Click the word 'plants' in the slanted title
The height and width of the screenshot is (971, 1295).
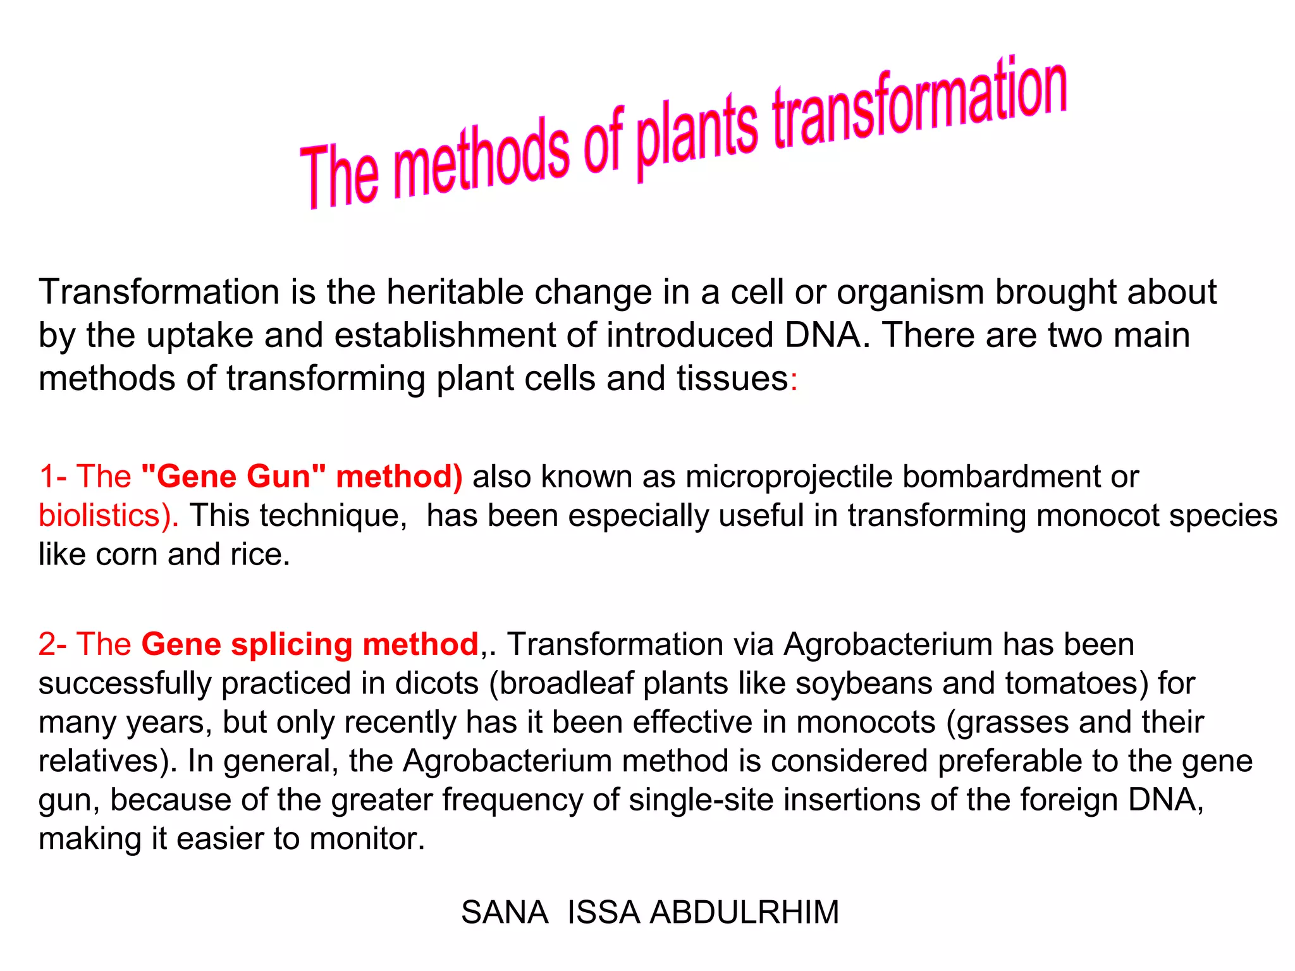coord(696,136)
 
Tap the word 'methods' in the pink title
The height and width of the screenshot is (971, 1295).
coord(481,161)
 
